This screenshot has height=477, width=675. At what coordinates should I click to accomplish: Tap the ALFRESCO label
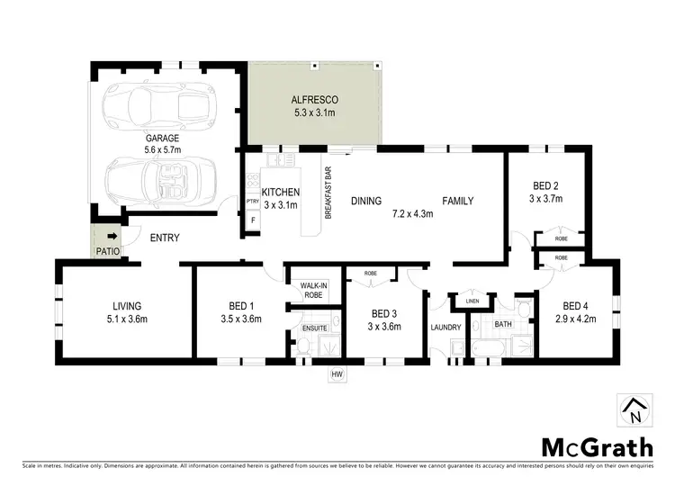[313, 100]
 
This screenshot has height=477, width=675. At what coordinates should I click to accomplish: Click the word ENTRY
[165, 238]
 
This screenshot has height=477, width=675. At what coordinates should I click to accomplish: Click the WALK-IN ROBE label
[312, 290]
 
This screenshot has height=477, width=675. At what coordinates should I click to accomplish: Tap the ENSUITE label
[314, 328]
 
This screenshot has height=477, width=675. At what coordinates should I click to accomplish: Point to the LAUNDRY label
[445, 327]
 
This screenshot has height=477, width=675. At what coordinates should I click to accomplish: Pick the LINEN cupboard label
[473, 302]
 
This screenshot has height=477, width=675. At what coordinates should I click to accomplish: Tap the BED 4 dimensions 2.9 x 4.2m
[577, 318]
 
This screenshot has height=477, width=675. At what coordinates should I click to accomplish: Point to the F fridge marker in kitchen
[253, 220]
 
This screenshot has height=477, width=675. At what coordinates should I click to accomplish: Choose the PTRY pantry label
[253, 202]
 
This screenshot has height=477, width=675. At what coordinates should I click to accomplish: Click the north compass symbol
[634, 410]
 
